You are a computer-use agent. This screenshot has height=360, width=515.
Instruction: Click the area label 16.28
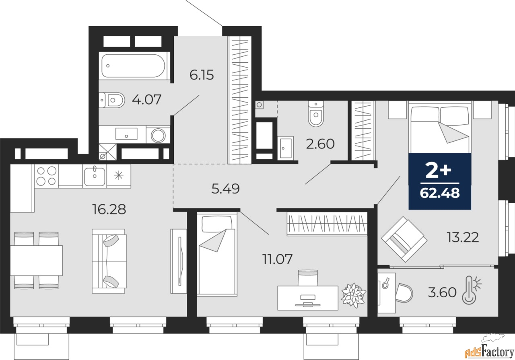tap(109, 209)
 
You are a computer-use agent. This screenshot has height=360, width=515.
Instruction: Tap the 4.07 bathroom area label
tap(146, 99)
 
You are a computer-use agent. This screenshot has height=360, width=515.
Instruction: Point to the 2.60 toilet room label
tap(320, 144)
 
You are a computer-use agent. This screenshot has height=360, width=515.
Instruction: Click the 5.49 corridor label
tap(225, 188)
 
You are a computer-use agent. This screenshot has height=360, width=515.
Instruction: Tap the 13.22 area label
tap(462, 238)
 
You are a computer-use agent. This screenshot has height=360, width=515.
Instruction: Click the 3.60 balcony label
tap(443, 292)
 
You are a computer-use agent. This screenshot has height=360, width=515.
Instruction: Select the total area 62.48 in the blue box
tap(439, 194)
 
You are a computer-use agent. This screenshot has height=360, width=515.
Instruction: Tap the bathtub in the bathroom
tap(133, 66)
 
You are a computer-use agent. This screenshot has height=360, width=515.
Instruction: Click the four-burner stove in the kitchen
tap(46, 176)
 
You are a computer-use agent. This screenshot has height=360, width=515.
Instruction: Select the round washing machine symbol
tap(158, 135)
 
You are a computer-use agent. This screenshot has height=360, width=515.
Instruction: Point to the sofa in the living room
tap(109, 261)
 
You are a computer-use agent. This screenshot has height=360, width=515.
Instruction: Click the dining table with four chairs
tap(36, 260)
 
